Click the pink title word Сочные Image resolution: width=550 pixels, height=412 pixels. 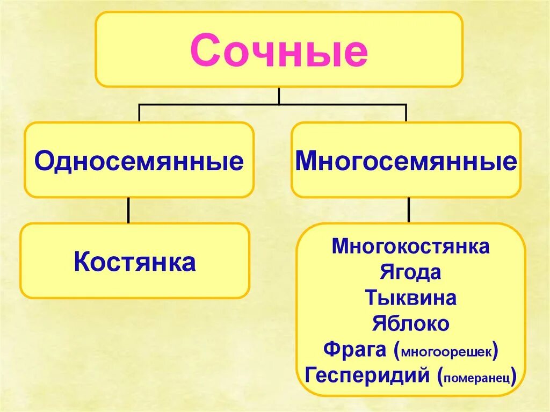click(x=279, y=52)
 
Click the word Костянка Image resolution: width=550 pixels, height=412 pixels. click(x=134, y=262)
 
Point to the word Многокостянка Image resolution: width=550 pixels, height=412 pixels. click(x=411, y=247)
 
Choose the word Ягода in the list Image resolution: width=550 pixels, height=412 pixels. click(x=411, y=272)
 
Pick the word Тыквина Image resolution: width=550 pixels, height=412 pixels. click(x=411, y=298)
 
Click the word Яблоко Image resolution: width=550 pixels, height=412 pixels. click(x=411, y=323)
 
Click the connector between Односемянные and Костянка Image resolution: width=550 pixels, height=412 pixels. click(x=128, y=210)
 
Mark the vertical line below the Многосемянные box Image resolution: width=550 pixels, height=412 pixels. click(x=409, y=210)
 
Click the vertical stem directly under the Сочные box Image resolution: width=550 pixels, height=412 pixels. click(x=279, y=95)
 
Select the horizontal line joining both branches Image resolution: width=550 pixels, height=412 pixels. click(x=215, y=105)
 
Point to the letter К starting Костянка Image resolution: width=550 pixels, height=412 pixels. click(x=82, y=262)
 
